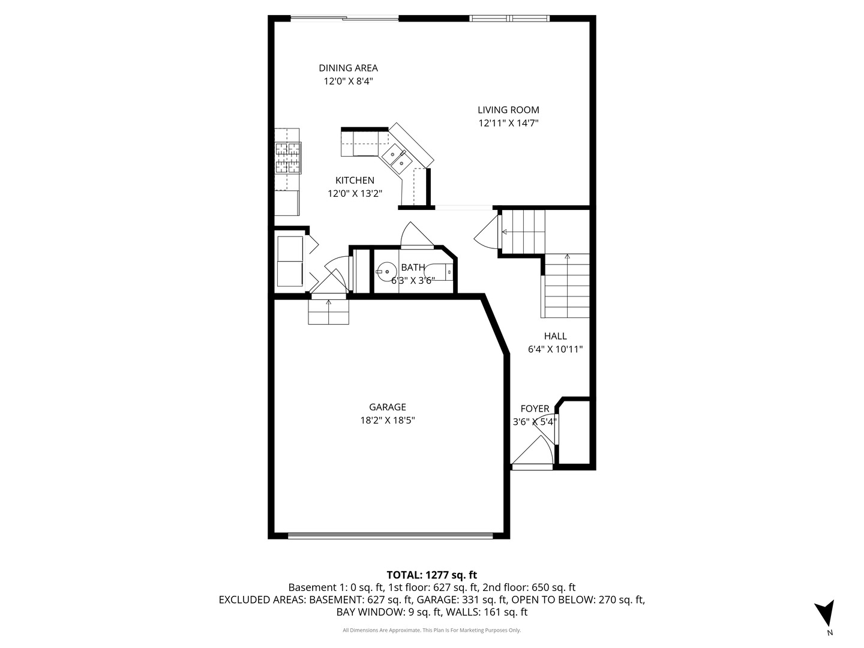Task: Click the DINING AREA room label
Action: click(x=348, y=68)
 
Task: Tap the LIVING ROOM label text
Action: click(x=508, y=110)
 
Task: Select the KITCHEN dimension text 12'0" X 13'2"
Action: click(x=355, y=194)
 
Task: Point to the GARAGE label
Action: click(x=388, y=407)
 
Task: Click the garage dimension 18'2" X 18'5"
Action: click(x=388, y=420)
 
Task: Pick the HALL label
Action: click(x=555, y=335)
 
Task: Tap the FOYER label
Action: click(x=535, y=409)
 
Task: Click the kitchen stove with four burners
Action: click(x=289, y=158)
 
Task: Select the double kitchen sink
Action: click(x=397, y=160)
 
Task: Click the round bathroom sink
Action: click(x=386, y=271)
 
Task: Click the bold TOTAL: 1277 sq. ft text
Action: click(x=431, y=575)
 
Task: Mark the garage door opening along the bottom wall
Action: click(x=390, y=535)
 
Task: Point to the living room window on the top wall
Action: click(x=509, y=18)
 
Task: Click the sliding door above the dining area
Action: click(x=345, y=18)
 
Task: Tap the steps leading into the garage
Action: click(x=328, y=311)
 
